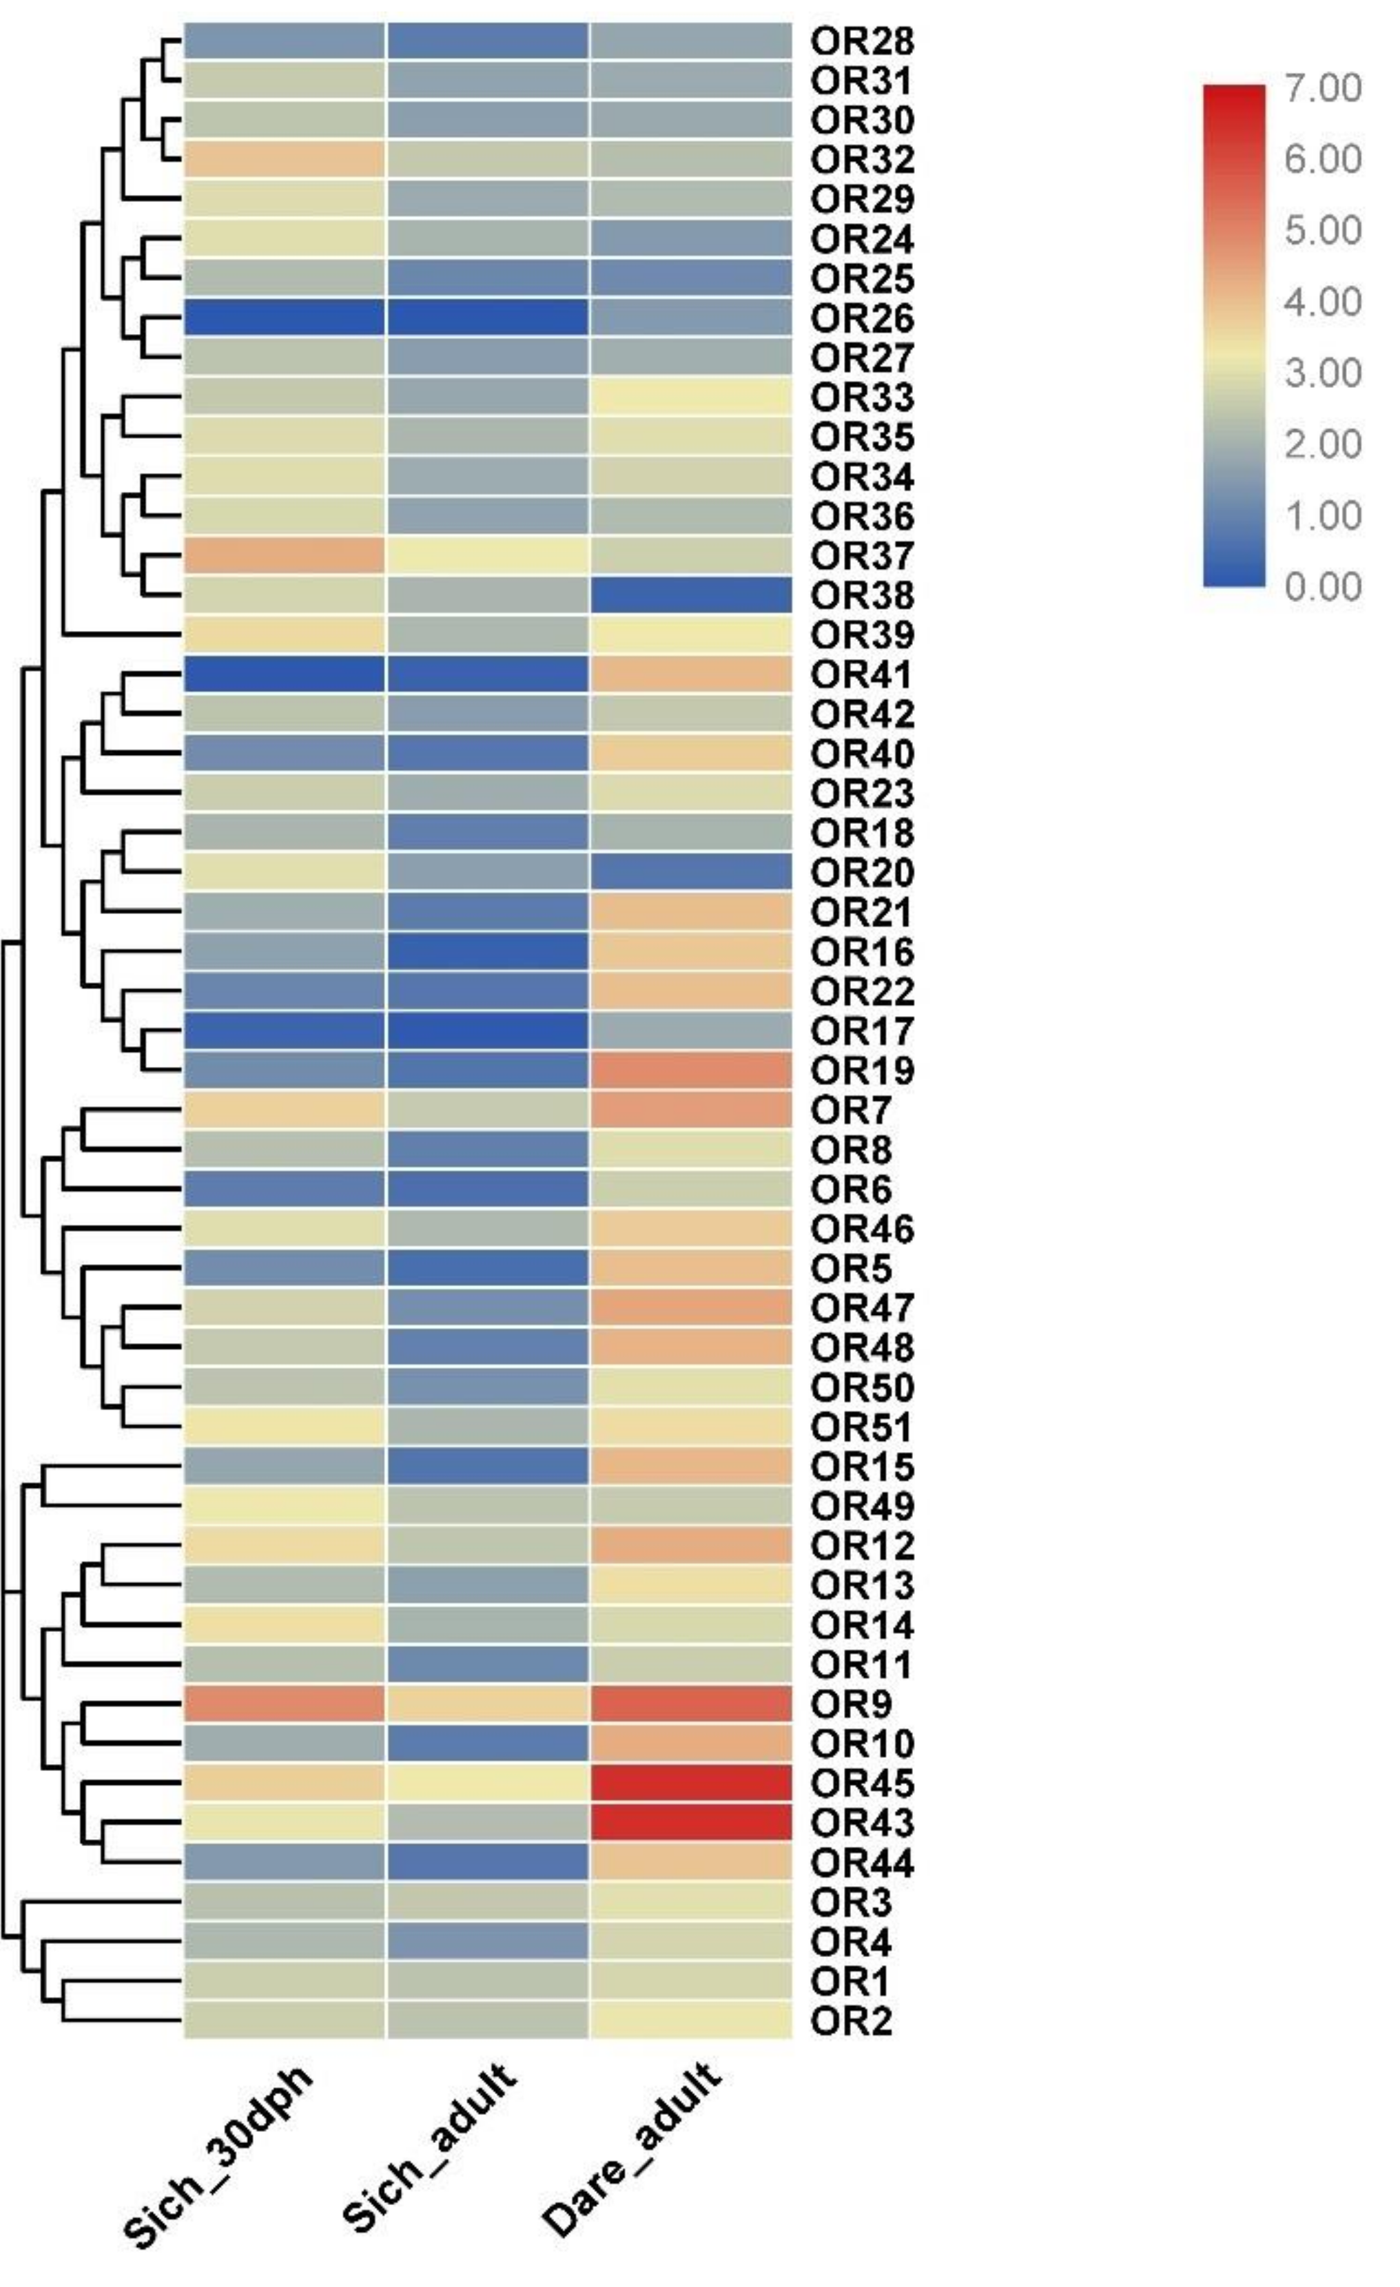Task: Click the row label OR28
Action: point(861,41)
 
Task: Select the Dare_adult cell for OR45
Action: point(691,1783)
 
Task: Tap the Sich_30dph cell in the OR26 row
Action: point(284,318)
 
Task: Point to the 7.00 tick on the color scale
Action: point(1323,88)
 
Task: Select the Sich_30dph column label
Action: point(219,2155)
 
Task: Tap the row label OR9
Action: point(850,1704)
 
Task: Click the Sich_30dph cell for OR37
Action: point(284,555)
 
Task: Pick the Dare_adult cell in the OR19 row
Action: point(691,1070)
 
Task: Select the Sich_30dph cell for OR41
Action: point(284,674)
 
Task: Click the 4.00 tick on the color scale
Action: point(1323,302)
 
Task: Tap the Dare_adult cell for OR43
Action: point(691,1823)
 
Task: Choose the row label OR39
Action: point(861,635)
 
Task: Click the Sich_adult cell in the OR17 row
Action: point(487,1031)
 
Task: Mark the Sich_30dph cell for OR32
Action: point(284,158)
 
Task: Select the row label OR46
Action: point(861,1229)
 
